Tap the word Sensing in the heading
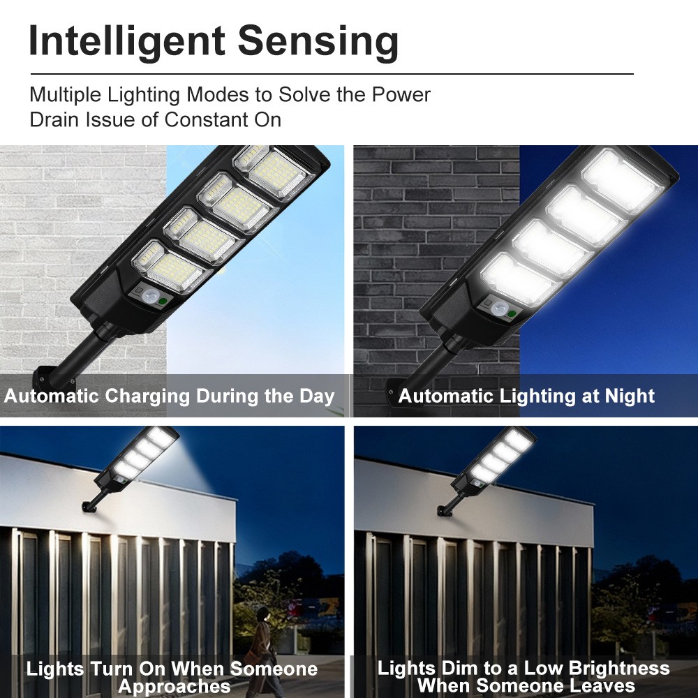318,42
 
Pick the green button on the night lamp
512,314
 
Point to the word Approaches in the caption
174,685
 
